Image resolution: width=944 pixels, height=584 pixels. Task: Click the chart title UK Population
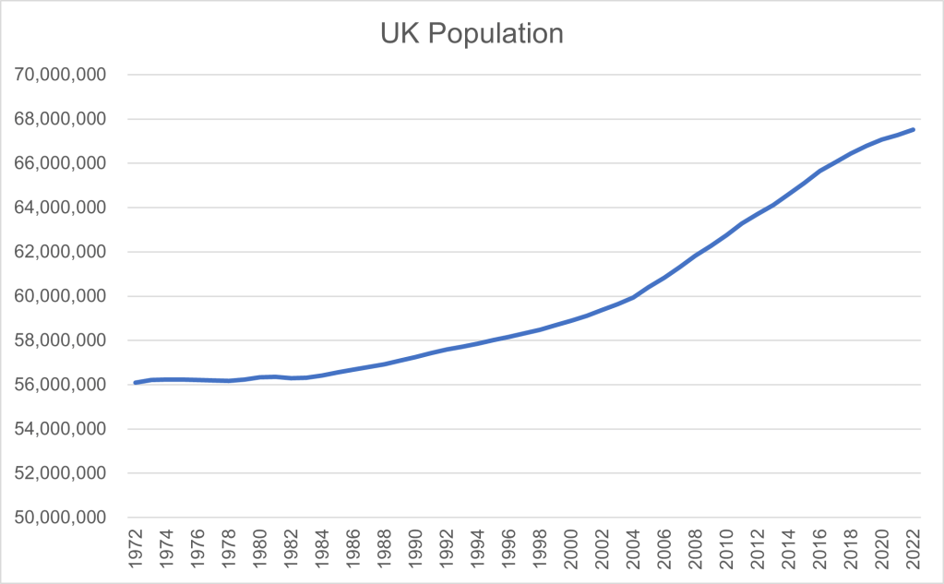coord(472,34)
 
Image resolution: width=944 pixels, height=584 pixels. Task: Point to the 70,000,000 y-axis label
coord(62,75)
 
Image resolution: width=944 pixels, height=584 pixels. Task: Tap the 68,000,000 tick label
coord(62,119)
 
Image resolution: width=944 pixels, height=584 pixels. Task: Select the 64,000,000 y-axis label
coord(62,208)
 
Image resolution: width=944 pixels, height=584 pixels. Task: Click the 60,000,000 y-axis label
coord(62,296)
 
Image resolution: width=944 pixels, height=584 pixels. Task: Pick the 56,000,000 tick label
coord(62,385)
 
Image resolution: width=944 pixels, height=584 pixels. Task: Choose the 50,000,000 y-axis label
coord(62,518)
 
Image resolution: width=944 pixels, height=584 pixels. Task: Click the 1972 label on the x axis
coord(136,551)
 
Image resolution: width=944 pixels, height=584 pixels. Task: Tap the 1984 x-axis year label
coord(322,551)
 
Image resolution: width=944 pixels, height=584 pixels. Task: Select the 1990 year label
coord(416,551)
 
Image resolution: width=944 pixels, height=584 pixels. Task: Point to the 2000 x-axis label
coord(571,551)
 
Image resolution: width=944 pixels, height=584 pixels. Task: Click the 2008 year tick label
coord(696,551)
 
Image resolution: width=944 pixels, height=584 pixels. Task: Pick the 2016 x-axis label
coord(820,551)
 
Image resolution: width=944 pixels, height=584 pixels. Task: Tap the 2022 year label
coord(914,551)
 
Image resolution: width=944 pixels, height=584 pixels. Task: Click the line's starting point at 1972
coord(136,382)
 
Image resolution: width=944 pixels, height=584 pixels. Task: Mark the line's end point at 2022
coord(914,129)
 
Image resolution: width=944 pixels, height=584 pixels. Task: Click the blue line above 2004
coord(634,297)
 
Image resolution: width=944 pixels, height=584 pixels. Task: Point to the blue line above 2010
coord(727,235)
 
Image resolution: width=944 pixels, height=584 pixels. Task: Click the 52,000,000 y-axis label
coord(62,473)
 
